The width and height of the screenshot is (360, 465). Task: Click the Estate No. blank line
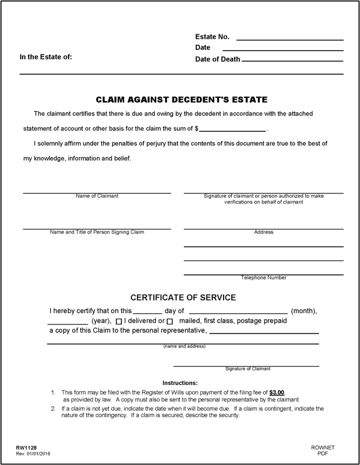pyautogui.click(x=290, y=38)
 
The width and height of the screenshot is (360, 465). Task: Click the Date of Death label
pyautogui.click(x=218, y=59)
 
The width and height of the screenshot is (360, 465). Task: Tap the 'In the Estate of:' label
pyautogui.click(x=46, y=57)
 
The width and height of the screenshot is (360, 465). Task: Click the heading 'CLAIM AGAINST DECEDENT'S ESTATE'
pyautogui.click(x=182, y=100)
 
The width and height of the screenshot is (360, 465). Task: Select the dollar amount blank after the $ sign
pyautogui.click(x=233, y=129)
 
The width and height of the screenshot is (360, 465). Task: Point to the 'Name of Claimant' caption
pyautogui.click(x=97, y=196)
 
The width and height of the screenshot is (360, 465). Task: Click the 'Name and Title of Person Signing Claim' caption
pyautogui.click(x=97, y=232)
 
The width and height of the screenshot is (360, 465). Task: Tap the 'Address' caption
pyautogui.click(x=263, y=232)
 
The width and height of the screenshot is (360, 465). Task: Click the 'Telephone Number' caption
pyautogui.click(x=263, y=278)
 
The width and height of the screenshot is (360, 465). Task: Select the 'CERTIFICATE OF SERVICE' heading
pyautogui.click(x=183, y=298)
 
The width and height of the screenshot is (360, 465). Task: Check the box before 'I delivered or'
pyautogui.click(x=119, y=322)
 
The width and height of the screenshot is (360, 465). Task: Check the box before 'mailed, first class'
pyautogui.click(x=170, y=322)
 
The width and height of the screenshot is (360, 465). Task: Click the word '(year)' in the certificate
pyautogui.click(x=102, y=321)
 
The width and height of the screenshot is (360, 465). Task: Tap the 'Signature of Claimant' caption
pyautogui.click(x=248, y=369)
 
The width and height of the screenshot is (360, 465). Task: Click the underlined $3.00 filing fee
pyautogui.click(x=277, y=392)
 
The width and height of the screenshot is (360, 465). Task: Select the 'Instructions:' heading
pyautogui.click(x=180, y=383)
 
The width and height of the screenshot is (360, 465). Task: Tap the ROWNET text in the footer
pyautogui.click(x=323, y=448)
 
